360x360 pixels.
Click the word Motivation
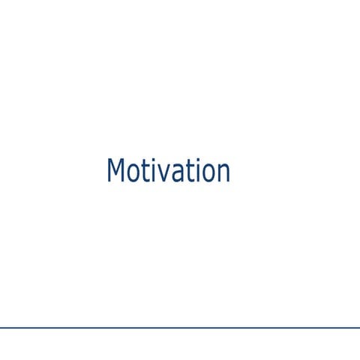(168, 171)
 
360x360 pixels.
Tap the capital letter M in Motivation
(115, 171)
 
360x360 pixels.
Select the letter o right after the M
(131, 174)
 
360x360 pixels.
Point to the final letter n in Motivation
(222, 174)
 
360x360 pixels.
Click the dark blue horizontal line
(180, 328)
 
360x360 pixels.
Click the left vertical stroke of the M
(109, 171)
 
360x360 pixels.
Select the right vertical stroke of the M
(121, 171)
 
